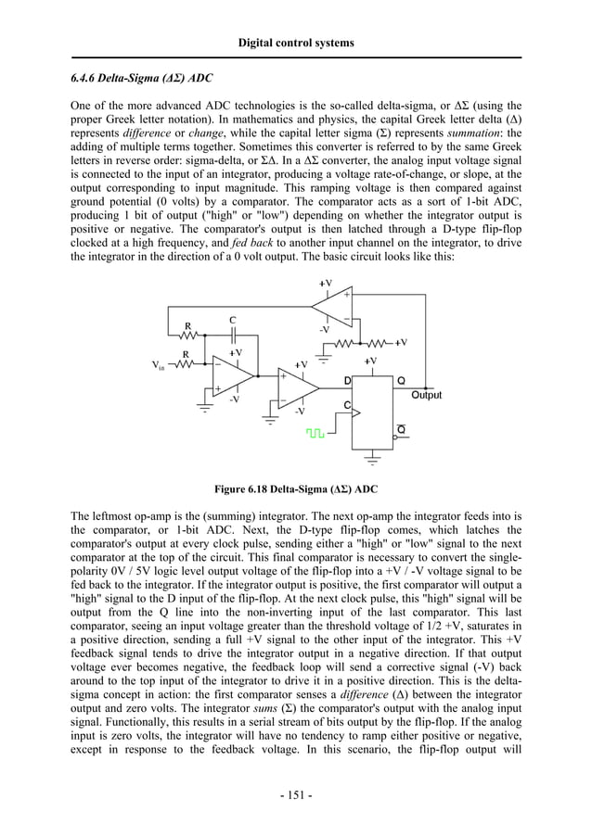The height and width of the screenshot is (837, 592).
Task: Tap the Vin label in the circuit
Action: coord(159,365)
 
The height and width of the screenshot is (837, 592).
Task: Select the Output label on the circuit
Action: coord(426,395)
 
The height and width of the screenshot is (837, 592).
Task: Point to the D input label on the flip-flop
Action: coord(348,381)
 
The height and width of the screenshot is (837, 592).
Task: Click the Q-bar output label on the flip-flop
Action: coord(401,427)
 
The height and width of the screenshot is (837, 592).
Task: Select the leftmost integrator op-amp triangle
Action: coord(232,376)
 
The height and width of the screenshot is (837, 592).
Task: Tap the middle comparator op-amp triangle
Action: coord(298,387)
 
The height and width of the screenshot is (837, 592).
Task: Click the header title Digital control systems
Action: coord(296,43)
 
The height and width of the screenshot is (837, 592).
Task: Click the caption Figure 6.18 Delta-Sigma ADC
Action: coord(295,488)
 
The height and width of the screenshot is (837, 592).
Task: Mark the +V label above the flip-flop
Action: coord(371,361)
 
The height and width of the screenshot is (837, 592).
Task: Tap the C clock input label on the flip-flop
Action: coord(348,406)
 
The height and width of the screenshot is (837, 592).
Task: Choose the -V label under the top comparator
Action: coord(324,328)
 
